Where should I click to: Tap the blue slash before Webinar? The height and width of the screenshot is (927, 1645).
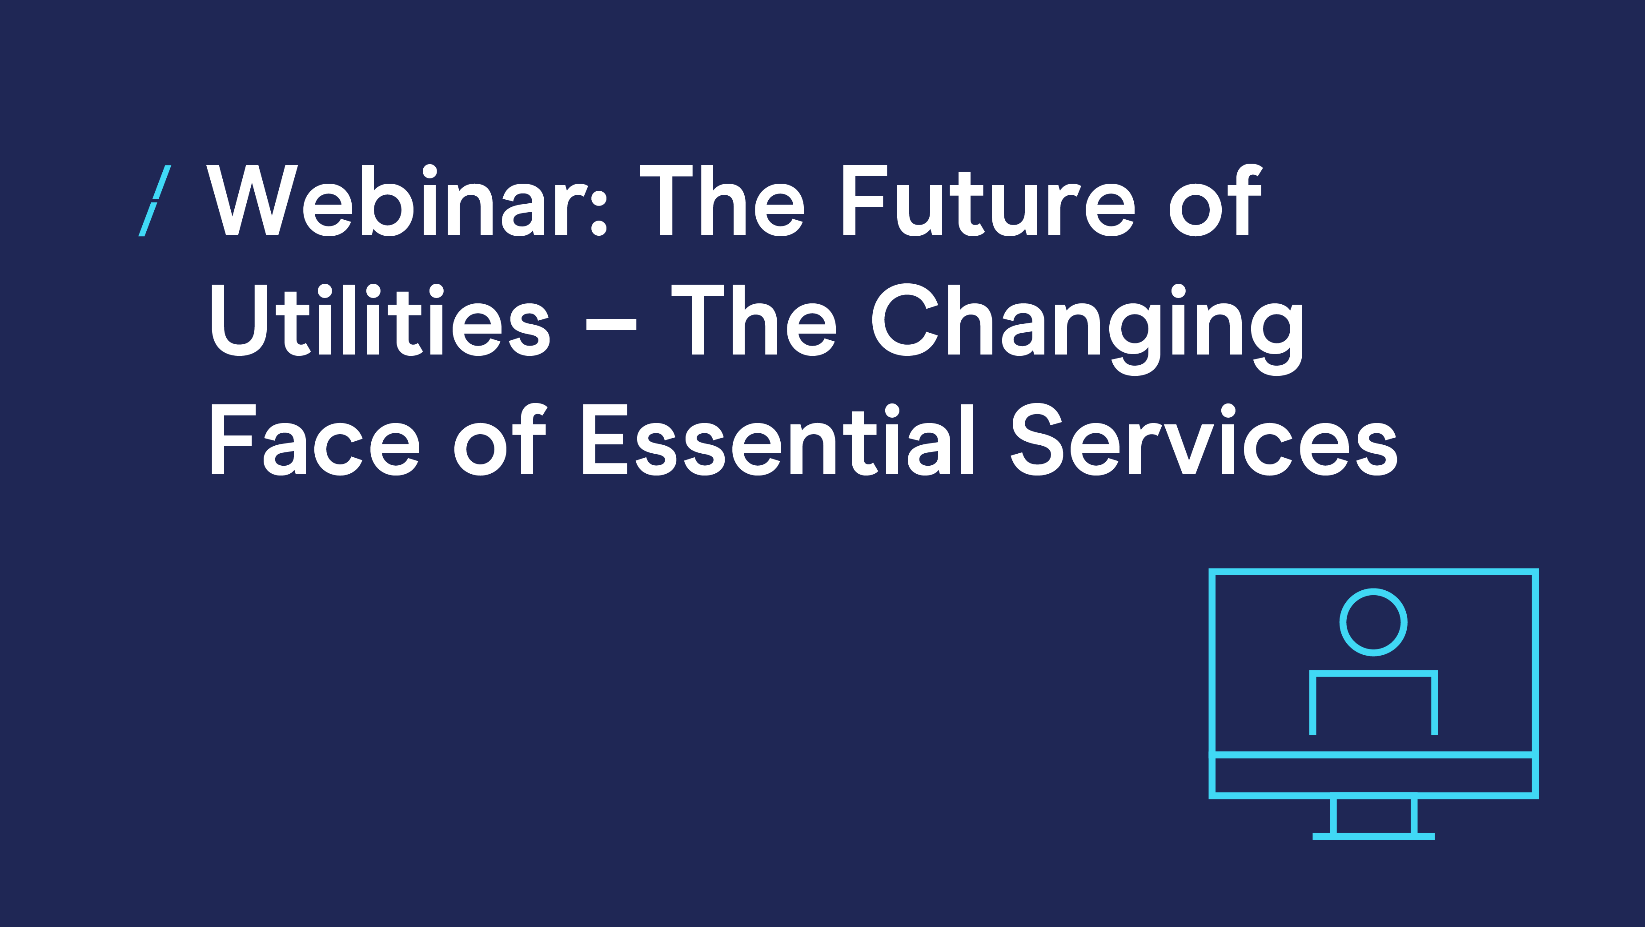155,201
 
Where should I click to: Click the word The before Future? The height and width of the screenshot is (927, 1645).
722,200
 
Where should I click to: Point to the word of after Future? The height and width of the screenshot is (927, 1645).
1215,200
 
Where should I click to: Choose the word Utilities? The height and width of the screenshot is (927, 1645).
380,319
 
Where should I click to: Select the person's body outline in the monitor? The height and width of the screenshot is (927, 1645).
1374,673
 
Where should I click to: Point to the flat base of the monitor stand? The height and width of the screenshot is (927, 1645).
1374,836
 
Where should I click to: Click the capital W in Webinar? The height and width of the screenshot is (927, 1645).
253,200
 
